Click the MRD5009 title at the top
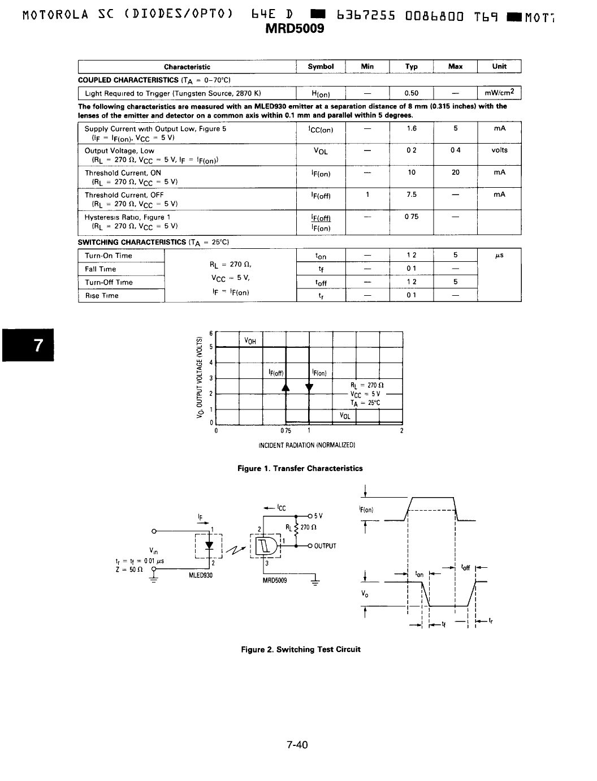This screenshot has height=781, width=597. tap(295, 29)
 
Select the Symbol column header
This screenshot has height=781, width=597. tap(321, 67)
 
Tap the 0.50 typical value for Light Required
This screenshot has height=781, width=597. tap(412, 93)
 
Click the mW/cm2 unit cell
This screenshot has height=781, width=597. tap(499, 93)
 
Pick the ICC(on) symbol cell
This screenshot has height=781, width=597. tap(321, 130)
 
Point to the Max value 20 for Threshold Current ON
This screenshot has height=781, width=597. tap(455, 172)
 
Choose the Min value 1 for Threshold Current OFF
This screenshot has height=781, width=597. tap(367, 195)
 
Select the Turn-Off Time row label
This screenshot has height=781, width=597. tap(109, 282)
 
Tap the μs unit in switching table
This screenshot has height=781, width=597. tap(499, 256)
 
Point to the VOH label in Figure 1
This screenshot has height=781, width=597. tap(250, 341)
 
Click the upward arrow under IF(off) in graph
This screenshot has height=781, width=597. tap(285, 387)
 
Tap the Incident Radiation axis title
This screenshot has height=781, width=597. tap(306, 446)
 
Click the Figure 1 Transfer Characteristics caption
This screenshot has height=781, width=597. tap(300, 468)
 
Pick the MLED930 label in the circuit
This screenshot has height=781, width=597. tap(200, 575)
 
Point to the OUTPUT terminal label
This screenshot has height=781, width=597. tap(325, 546)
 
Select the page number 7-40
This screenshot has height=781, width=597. tap(297, 745)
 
